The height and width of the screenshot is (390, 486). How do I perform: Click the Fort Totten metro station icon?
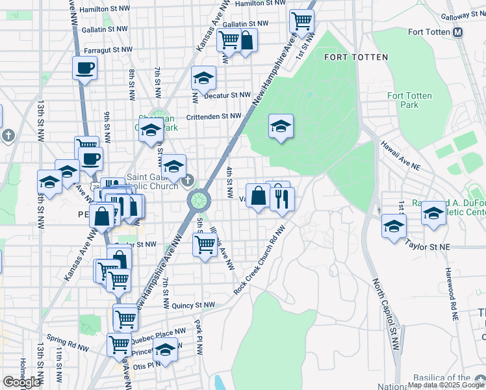coord(458,32)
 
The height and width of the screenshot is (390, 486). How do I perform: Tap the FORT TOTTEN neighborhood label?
coord(355,57)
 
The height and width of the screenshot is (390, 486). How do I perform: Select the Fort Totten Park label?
coord(409,100)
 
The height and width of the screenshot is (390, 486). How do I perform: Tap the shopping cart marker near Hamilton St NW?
coord(301,21)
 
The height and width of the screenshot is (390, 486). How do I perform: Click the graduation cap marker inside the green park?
coord(281,126)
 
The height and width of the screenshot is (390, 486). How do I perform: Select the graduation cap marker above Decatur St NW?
coord(203,79)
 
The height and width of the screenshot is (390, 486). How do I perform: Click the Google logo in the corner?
coord(21,382)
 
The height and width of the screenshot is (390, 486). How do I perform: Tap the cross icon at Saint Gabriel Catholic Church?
coord(188,179)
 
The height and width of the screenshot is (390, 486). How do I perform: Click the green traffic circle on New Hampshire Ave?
coord(199,200)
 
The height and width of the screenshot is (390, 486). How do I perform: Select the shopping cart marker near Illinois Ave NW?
coord(205,244)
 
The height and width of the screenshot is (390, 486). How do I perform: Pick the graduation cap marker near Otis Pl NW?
coord(165,350)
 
